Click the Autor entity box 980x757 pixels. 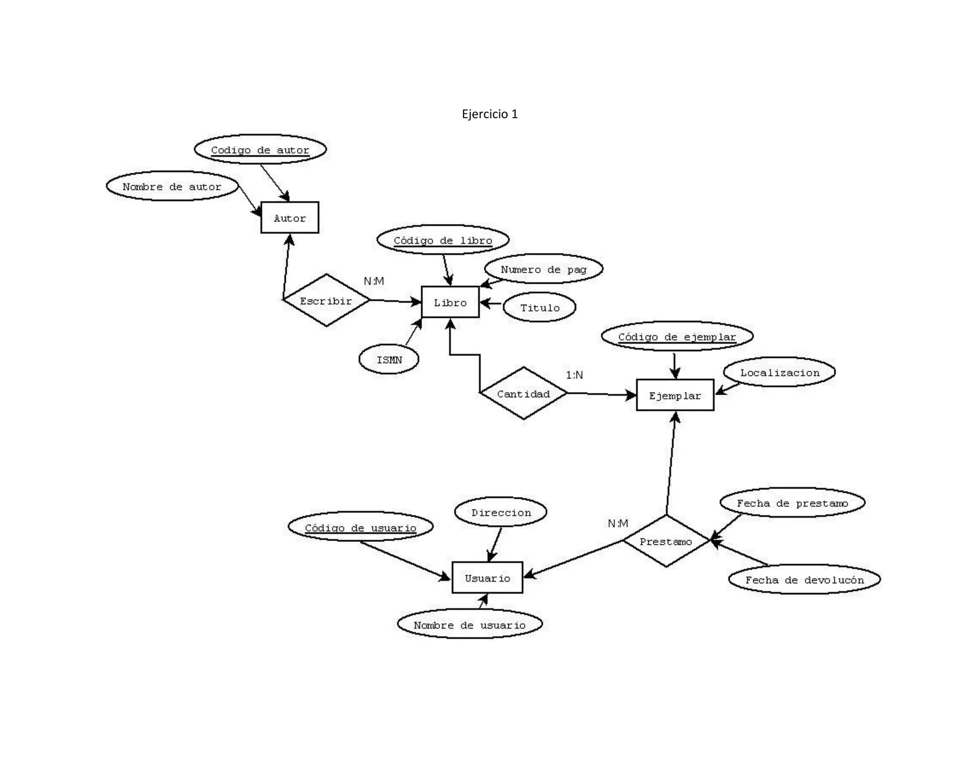(290, 218)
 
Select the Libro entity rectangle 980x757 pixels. (450, 302)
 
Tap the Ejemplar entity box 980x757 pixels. (675, 395)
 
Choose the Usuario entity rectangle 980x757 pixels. (487, 578)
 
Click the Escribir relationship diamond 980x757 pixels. (326, 301)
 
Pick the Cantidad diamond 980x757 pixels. (523, 393)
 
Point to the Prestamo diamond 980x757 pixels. (666, 541)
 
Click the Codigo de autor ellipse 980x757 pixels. (260, 149)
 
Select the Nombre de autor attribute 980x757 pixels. (172, 186)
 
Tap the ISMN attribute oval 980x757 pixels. (389, 359)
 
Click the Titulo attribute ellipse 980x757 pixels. (540, 307)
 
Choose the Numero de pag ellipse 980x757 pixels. (543, 269)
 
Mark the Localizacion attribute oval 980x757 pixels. (780, 372)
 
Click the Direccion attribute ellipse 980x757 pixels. (501, 512)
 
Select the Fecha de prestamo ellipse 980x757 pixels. (792, 502)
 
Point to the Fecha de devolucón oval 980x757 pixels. (804, 579)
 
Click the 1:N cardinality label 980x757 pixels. (574, 375)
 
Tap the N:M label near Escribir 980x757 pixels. (374, 281)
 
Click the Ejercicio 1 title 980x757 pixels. (490, 114)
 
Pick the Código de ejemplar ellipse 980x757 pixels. (677, 336)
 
